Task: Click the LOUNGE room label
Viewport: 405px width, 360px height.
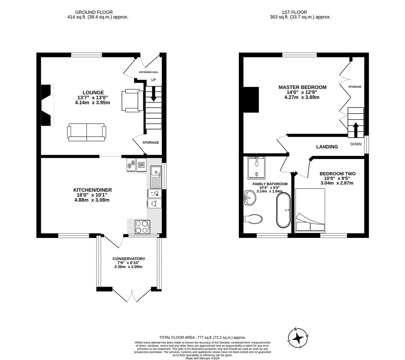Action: (93, 93)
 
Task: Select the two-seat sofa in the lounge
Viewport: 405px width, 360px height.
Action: (87, 132)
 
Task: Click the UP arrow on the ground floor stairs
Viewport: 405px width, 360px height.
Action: (154, 94)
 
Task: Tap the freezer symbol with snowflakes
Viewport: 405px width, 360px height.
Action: (131, 164)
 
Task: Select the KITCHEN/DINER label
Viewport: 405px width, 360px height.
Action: (93, 190)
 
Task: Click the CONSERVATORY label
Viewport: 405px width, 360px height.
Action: (129, 259)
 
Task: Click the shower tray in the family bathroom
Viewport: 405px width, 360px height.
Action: (256, 167)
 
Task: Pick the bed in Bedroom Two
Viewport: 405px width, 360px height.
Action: (310, 210)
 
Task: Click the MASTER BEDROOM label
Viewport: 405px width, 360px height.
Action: (302, 87)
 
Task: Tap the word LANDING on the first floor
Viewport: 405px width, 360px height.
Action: (327, 147)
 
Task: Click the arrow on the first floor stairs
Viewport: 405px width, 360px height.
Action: (356, 130)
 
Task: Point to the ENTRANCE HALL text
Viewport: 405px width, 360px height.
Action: (149, 72)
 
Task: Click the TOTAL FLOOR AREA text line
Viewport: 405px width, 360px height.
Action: (202, 337)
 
